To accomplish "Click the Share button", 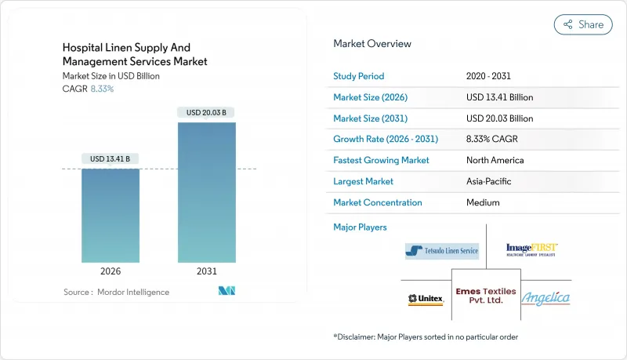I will point(583,24).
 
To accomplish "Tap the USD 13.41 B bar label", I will point(111,159).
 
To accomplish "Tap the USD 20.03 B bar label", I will point(207,113).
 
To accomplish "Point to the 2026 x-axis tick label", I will point(111,271).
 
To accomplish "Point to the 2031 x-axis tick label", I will point(207,271).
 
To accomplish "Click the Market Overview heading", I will point(371,43).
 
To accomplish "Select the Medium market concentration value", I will point(483,202).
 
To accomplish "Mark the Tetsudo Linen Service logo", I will point(442,251).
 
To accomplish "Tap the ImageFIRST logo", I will point(532,249).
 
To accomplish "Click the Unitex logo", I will point(426,299).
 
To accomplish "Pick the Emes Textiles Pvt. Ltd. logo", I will point(486,296).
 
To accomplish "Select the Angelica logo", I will point(545,298).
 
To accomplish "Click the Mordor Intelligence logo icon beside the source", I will point(227,292).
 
